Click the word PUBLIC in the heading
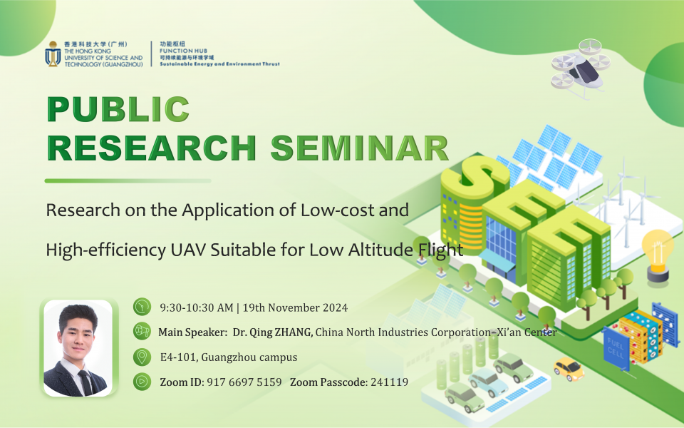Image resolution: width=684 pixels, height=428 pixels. coord(118,108)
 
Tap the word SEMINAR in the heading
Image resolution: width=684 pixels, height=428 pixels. coord(360,148)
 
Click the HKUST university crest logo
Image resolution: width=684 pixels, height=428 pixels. coord(53,53)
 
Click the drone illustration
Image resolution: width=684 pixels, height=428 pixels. coord(580,68)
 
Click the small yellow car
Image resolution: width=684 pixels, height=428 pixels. coord(569,369)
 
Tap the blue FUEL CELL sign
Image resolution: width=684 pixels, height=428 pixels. coord(616,347)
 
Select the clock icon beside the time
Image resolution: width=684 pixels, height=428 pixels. coord(142,307)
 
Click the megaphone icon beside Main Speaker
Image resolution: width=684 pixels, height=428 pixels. coord(142,331)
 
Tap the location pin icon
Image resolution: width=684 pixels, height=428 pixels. coord(142,357)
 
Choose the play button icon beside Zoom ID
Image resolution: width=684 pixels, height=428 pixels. coord(142,381)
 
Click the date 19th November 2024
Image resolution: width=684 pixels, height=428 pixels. coord(295,308)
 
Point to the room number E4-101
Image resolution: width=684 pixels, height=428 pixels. coord(179,357)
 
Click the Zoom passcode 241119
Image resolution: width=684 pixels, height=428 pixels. coord(390,382)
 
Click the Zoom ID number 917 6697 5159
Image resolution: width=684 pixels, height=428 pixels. coord(244,382)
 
